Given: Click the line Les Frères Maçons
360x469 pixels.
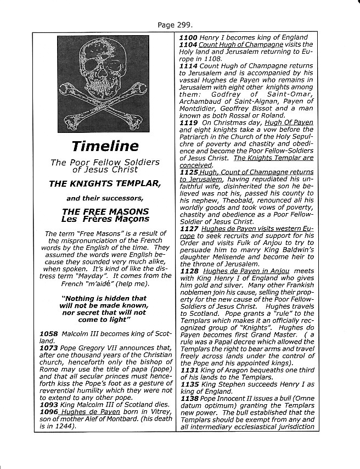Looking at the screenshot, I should [x=105, y=219].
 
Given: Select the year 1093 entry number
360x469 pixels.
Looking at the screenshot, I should [x=49, y=406].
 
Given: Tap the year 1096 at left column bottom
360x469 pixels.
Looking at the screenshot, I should [x=49, y=413].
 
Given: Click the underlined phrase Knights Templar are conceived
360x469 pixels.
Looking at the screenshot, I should [x=269, y=158].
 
